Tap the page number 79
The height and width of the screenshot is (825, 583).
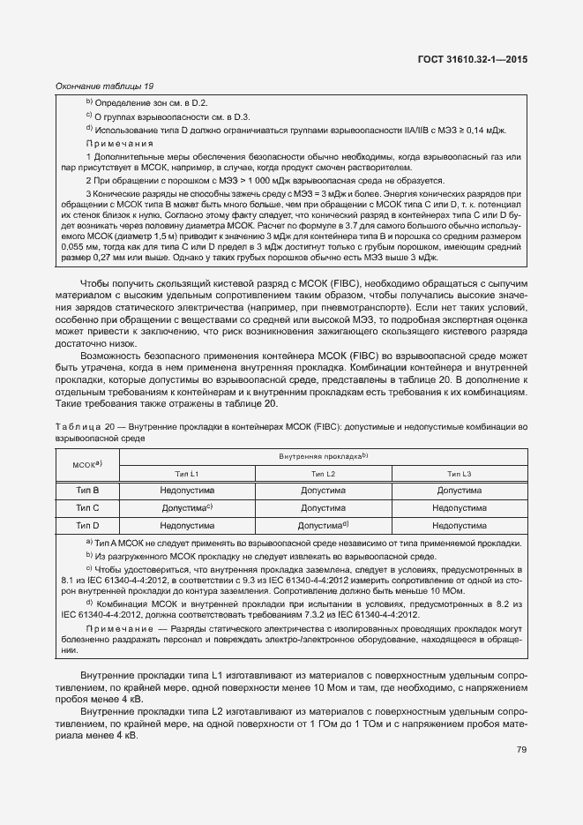click(521, 750)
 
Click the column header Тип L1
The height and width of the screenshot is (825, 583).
click(187, 474)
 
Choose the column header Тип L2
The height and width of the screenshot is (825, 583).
click(323, 474)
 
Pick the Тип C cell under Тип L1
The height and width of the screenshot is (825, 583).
click(187, 507)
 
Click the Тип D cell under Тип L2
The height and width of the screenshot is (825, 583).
click(323, 525)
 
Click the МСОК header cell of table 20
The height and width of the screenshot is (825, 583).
click(87, 464)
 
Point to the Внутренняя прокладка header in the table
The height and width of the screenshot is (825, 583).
click(323, 456)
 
